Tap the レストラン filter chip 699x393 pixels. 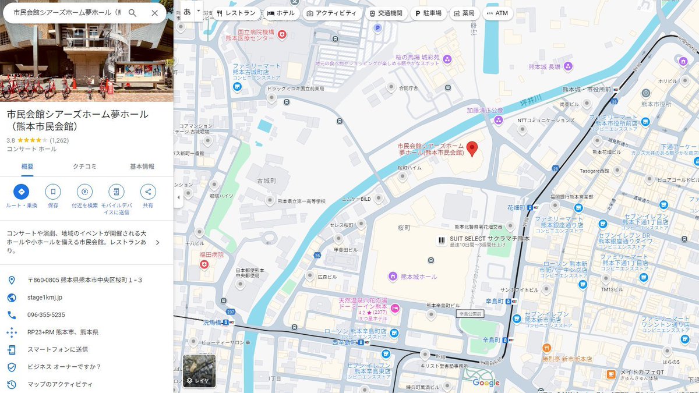point(236,13)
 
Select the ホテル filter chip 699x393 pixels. point(281,13)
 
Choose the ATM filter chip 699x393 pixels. point(497,13)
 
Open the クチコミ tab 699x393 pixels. point(84,167)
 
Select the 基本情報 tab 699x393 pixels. point(142,167)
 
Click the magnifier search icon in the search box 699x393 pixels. point(133,13)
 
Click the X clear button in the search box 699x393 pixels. point(154,13)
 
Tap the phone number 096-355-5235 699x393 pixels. point(46,315)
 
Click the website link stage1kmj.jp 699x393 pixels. point(45,298)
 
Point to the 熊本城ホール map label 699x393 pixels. point(418,277)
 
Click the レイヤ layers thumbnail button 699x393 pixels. point(199,371)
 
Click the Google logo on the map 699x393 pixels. point(486,383)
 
